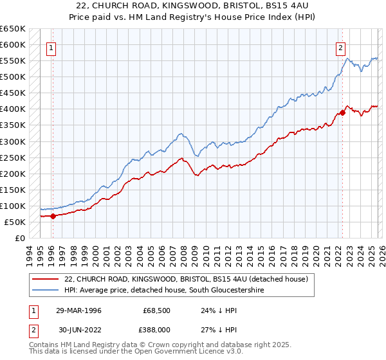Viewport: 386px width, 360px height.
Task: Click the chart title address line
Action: click(193, 6)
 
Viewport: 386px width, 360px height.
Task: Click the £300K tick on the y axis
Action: click(12, 141)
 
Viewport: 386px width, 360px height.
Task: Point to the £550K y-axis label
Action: click(12, 61)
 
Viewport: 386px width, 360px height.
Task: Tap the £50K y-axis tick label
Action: click(14, 222)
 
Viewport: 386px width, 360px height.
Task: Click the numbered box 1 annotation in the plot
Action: click(51, 47)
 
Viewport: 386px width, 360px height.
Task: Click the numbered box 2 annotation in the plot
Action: click(340, 47)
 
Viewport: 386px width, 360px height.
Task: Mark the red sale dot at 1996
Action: click(53, 216)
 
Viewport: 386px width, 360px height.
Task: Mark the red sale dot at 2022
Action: click(342, 113)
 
